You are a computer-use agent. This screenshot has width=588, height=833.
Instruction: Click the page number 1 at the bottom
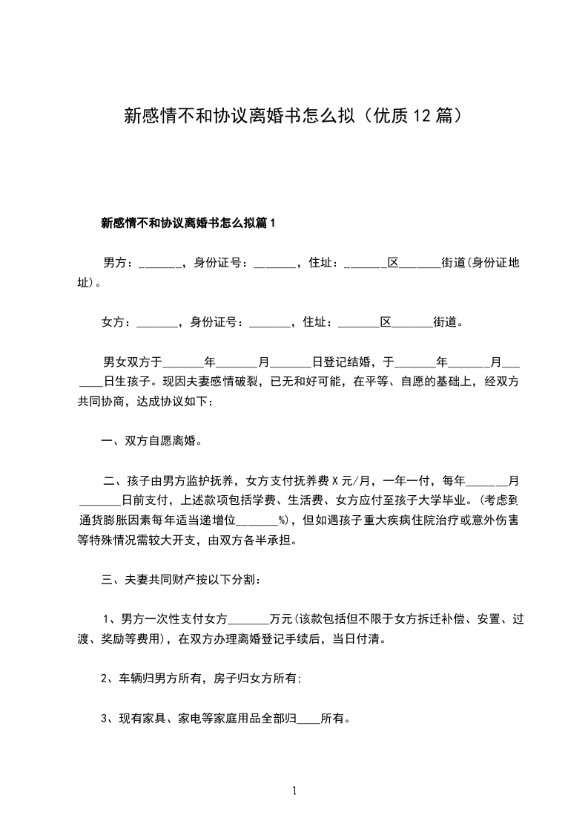click(294, 791)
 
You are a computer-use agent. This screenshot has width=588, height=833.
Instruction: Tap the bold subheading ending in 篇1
click(188, 222)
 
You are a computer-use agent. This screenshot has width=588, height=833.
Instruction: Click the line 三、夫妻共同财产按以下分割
click(180, 579)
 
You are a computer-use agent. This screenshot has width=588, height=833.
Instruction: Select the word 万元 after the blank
click(283, 618)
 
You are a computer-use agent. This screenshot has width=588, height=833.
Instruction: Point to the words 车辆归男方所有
click(158, 678)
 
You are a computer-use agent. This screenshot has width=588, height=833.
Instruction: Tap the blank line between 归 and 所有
click(308, 719)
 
